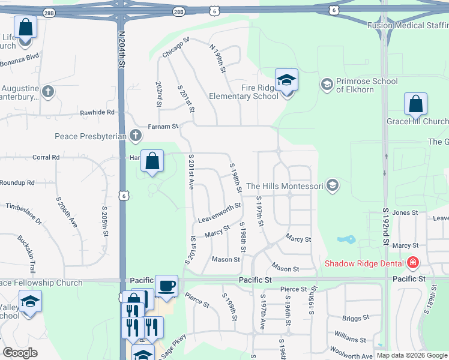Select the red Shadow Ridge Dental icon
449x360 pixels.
pos(412,263)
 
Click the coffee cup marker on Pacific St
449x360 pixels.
pos(166,286)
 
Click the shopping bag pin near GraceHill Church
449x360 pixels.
pos(415,105)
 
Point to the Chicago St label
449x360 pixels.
pos(176,47)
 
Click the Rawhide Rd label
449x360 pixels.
pos(97,112)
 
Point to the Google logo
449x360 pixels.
pos(20,353)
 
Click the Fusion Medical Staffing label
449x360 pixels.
pos(408,25)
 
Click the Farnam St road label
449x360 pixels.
pos(164,127)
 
